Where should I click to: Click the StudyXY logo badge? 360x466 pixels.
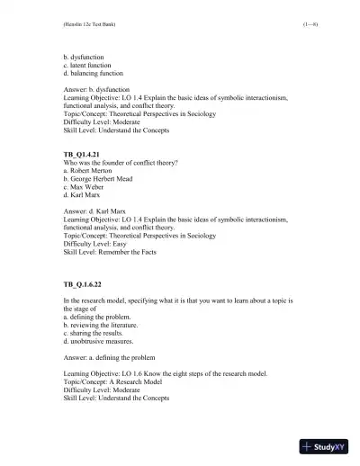point(326,445)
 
